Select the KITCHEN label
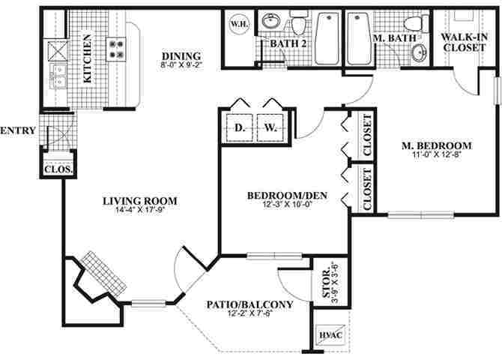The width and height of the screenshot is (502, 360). click(87, 58)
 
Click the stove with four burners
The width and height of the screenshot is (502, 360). click(117, 49)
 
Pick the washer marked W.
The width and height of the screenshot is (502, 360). click(270, 127)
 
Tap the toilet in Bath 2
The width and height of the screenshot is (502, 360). click(299, 26)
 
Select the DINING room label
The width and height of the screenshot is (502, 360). click(181, 55)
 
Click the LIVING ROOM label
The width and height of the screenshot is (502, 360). click(140, 200)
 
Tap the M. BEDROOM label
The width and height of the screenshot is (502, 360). click(436, 145)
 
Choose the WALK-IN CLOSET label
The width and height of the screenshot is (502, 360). click(465, 42)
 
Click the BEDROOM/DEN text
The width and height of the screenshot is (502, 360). click(281, 196)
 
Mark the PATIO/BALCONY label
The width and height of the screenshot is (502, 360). click(249, 304)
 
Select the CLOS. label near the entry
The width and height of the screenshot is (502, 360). click(58, 169)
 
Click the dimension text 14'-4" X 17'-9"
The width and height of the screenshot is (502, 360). click(140, 211)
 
